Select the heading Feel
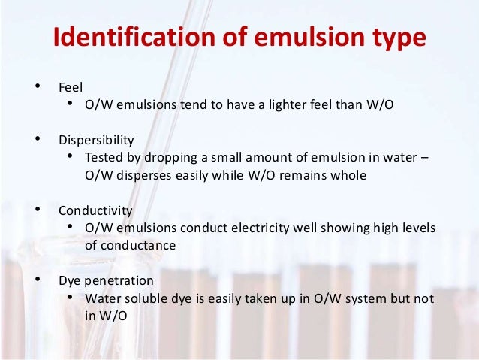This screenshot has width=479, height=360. (71, 86)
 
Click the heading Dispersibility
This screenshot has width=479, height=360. (97, 140)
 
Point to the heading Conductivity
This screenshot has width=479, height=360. (95, 211)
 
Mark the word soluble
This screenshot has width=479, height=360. (145, 298)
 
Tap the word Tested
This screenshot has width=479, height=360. (103, 158)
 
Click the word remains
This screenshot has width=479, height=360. (307, 176)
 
